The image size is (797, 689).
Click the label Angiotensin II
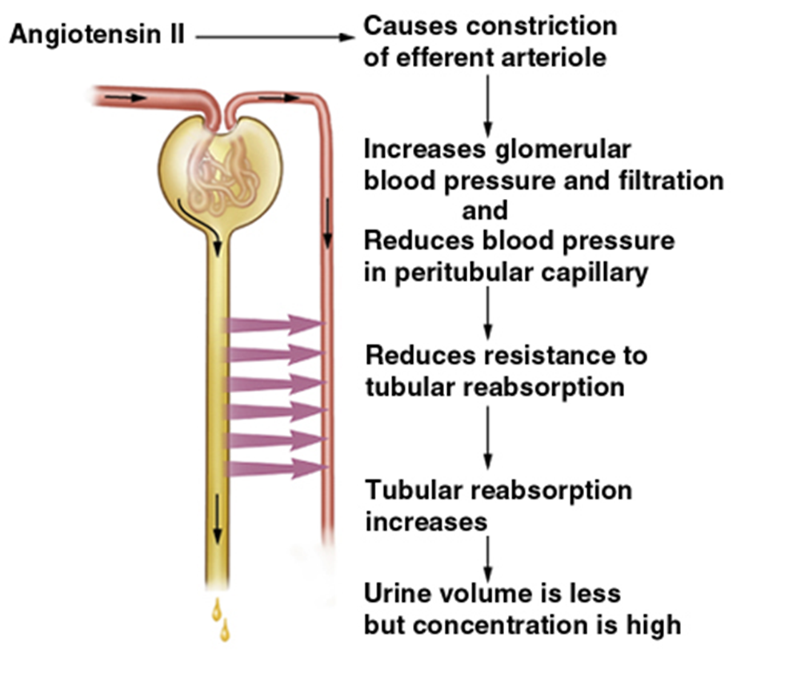(96, 35)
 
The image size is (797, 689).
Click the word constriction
(542, 26)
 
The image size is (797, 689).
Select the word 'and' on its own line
(484, 210)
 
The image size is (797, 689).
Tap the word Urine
(403, 594)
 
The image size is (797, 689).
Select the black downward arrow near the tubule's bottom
(216, 524)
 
